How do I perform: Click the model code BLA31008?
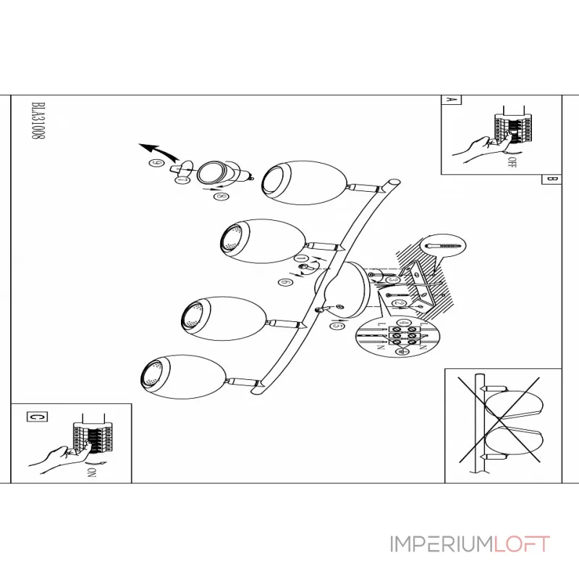(x=35, y=124)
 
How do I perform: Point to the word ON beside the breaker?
(x=92, y=474)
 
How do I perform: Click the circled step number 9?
(x=154, y=164)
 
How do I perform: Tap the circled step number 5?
(x=336, y=327)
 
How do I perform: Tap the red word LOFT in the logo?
(x=521, y=544)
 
